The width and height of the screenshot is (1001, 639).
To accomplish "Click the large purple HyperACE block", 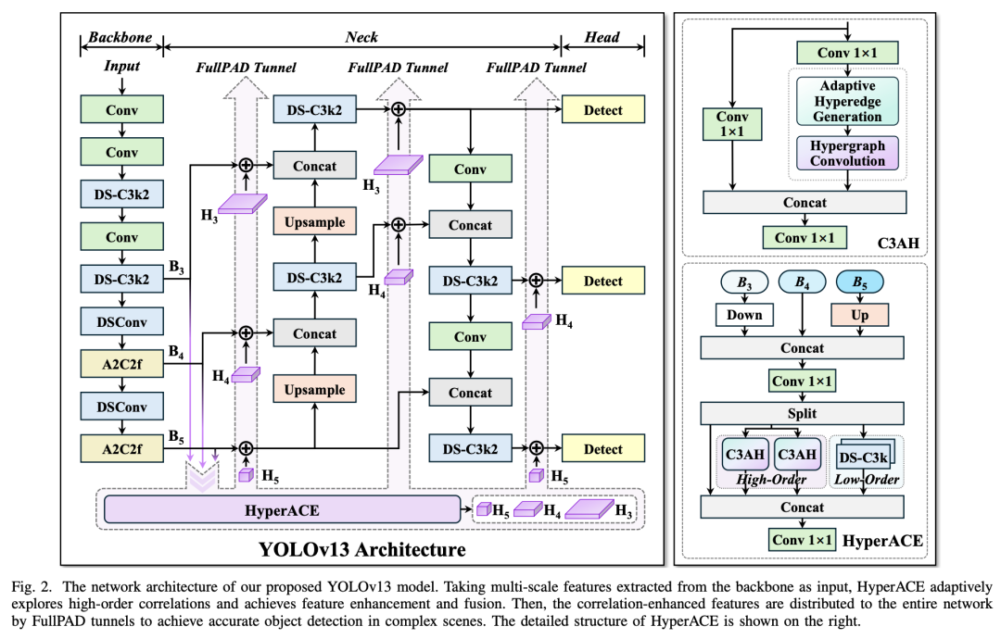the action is click(282, 509).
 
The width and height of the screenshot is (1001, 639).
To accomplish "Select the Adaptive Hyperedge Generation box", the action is click(847, 101).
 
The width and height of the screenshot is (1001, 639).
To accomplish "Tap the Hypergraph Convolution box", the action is click(847, 153).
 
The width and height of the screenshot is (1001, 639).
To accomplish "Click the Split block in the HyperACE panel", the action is click(802, 413).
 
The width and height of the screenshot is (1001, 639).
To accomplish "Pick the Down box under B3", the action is click(744, 314).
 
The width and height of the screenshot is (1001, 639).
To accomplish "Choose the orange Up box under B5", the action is click(859, 314).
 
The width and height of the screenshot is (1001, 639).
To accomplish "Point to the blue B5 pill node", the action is click(859, 282).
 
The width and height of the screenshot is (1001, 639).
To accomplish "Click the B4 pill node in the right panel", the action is click(802, 282).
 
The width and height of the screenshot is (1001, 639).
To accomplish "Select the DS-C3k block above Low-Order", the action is click(863, 457).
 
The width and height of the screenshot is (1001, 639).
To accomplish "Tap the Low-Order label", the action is click(867, 479).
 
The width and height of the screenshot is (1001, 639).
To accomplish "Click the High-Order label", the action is click(771, 479).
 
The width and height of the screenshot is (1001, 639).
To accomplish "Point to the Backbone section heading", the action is click(120, 37).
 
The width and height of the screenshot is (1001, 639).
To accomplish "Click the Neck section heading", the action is click(361, 37).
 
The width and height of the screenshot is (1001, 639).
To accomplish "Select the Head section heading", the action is click(602, 37).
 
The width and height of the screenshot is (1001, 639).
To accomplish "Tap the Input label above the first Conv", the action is click(122, 67).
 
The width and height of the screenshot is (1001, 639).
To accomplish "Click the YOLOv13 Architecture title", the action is click(362, 549).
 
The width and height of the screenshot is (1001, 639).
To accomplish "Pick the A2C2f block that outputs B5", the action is click(122, 448).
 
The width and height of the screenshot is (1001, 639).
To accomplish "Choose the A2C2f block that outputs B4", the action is click(122, 364).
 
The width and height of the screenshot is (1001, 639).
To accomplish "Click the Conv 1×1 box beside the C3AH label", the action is click(805, 238).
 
